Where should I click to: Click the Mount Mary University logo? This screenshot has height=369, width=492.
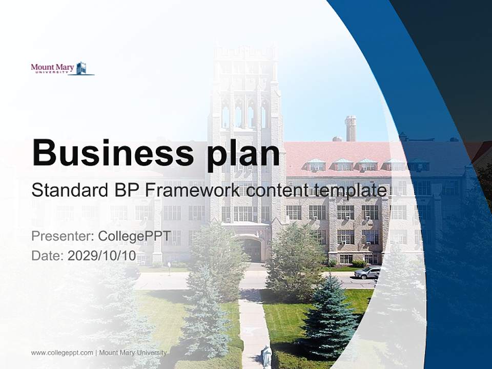point(62,69)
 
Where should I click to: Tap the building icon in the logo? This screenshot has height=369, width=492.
point(81,68)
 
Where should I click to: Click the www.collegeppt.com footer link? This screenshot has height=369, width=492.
point(62,353)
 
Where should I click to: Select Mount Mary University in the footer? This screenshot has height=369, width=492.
point(133,353)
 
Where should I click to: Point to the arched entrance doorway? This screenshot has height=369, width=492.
point(252,250)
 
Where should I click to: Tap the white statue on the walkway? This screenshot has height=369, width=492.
point(266,356)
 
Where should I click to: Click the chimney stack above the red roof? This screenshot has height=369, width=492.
point(351,128)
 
